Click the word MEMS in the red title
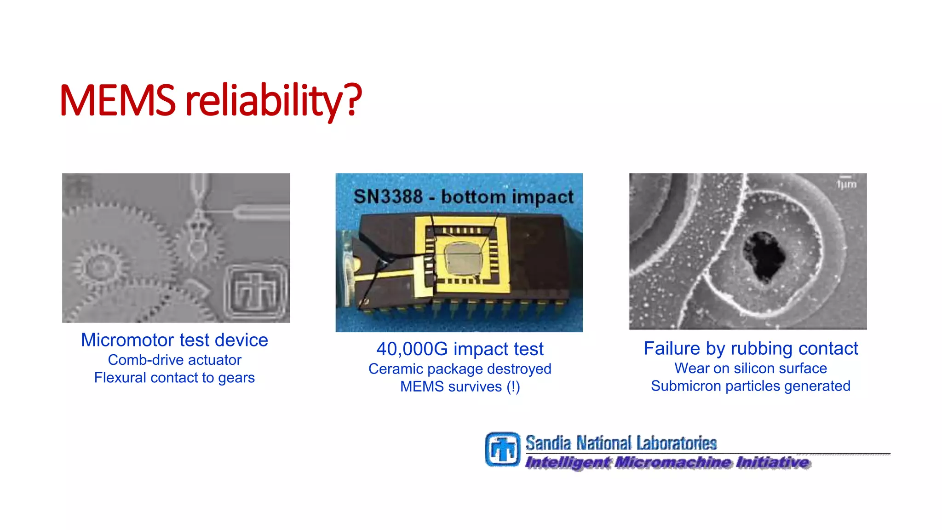click(118, 100)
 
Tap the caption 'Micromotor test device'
click(174, 340)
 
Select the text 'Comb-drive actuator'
click(174, 360)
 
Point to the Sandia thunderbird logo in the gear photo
click(256, 291)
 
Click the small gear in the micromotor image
click(98, 265)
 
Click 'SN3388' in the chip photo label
click(388, 197)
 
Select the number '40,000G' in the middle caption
click(412, 349)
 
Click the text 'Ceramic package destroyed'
click(460, 369)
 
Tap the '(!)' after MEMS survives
click(513, 387)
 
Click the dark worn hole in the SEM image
click(764, 256)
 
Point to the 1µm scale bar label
click(846, 184)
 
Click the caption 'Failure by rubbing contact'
click(751, 348)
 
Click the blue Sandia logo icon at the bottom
click(502, 449)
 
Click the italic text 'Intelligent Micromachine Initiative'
click(667, 462)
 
